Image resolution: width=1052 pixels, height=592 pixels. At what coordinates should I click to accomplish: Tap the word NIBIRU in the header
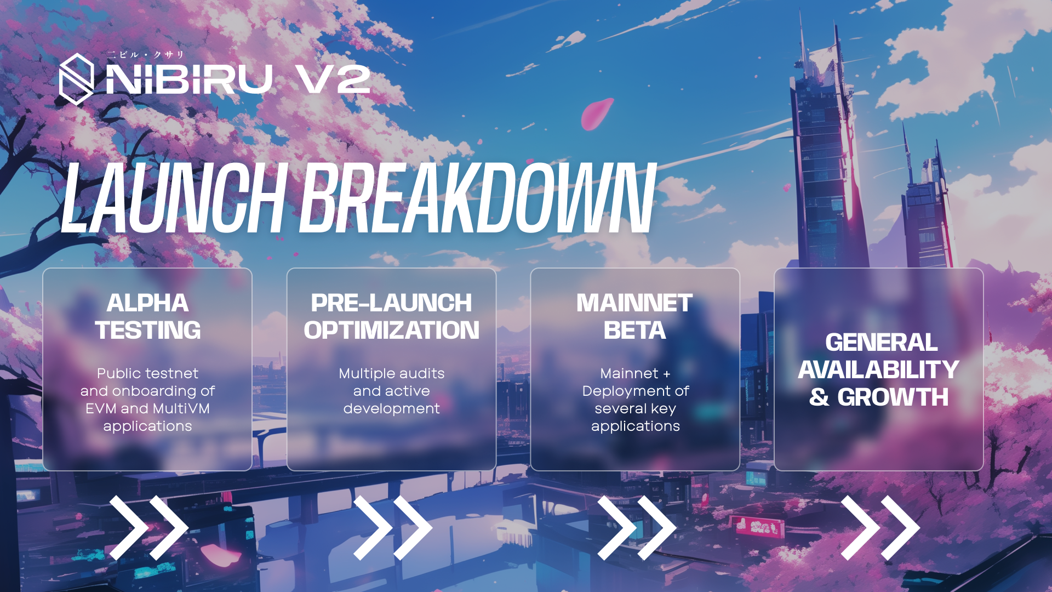[189, 79]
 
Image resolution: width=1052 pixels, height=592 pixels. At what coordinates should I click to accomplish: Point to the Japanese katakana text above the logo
[145, 55]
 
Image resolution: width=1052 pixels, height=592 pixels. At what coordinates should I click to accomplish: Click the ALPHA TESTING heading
[148, 316]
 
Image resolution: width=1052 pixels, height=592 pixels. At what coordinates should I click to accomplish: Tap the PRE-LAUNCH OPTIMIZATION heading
[392, 316]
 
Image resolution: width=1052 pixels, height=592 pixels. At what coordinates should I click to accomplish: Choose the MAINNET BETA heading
[634, 316]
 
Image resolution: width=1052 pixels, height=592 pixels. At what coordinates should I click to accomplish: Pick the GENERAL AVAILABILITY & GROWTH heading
[879, 369]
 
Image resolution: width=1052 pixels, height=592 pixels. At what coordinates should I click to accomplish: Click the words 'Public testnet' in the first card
[147, 373]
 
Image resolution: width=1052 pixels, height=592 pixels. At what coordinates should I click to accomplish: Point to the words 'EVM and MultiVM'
[147, 408]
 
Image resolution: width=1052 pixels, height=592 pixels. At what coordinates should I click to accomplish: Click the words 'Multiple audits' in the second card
[392, 373]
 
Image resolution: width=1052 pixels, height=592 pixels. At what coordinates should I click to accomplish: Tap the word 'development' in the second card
[392, 409]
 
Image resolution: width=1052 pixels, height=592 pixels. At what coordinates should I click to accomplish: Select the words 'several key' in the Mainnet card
[636, 409]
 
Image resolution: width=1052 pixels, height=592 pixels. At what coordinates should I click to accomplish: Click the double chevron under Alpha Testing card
[149, 528]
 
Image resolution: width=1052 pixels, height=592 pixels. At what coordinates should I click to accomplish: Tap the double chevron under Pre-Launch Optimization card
[393, 528]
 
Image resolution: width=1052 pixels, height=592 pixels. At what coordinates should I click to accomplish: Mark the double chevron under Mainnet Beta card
[637, 528]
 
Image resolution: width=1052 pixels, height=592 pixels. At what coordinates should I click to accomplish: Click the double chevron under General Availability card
[880, 528]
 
